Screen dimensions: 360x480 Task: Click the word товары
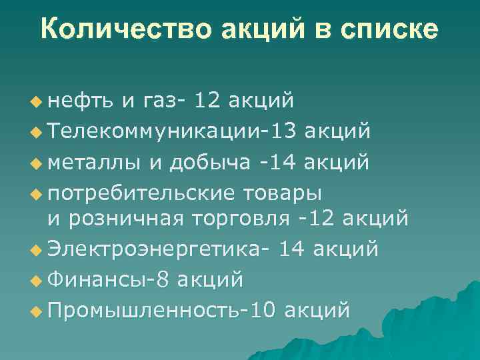coord(283,193)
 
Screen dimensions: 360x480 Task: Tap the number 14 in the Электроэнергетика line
coord(294,249)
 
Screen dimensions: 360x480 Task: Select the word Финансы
coord(97,279)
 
